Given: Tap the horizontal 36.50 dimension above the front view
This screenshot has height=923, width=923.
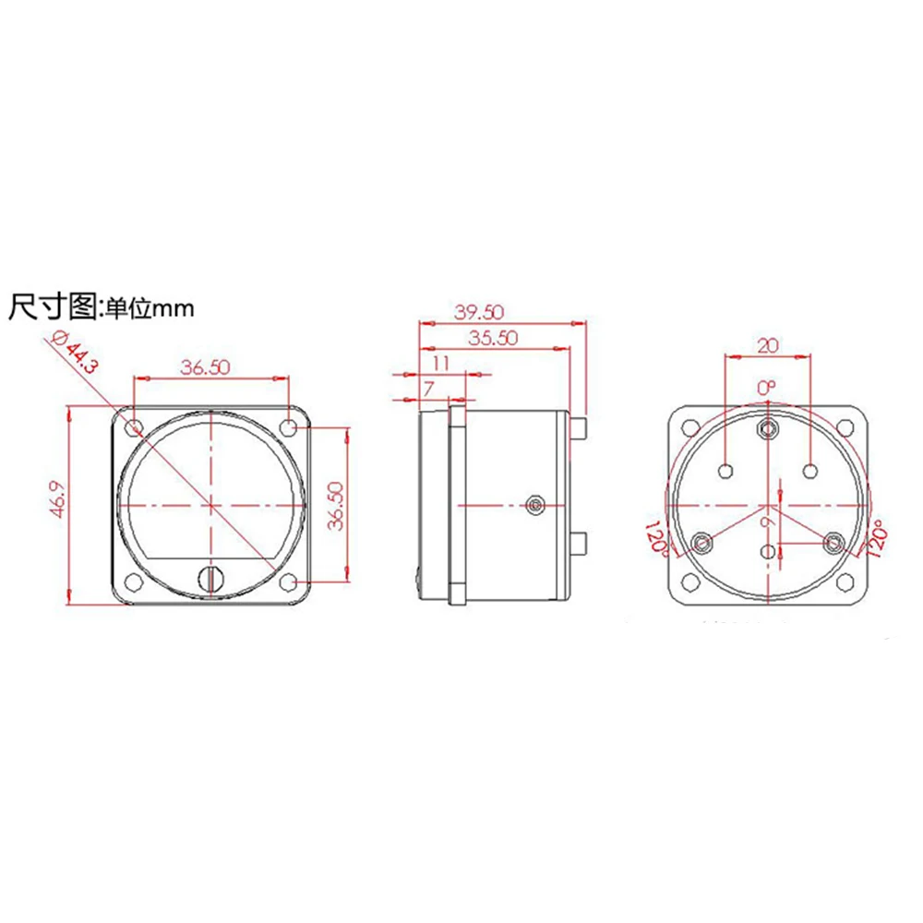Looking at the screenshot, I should (205, 366).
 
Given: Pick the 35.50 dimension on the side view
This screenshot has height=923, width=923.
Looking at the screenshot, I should (490, 338).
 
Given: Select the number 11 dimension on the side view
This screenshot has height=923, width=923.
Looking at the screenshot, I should (440, 363).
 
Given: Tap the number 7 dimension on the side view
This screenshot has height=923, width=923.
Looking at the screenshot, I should (429, 389).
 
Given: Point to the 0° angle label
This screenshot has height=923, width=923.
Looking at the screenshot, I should (767, 388).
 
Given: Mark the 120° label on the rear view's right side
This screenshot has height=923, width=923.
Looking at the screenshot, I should (875, 539).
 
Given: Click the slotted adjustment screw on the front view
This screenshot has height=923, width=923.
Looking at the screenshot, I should (211, 579).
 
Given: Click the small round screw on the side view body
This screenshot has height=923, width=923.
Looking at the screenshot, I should (533, 504).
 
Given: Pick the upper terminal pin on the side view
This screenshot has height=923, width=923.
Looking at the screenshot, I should (580, 428).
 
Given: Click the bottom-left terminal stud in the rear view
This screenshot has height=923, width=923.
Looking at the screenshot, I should (702, 542).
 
